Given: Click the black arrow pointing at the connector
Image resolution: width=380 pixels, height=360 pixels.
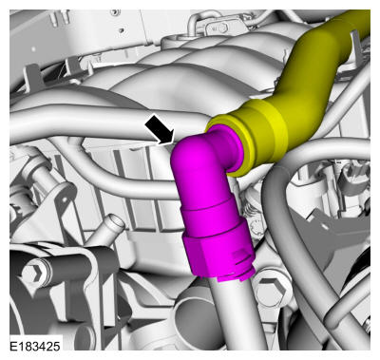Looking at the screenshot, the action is click(x=160, y=130).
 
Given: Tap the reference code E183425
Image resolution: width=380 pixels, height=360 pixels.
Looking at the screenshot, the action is click(x=35, y=346).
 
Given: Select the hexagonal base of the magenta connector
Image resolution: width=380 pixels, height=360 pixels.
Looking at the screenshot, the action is click(x=219, y=256).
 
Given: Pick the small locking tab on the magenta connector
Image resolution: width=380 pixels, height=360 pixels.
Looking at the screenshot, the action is click(x=240, y=258).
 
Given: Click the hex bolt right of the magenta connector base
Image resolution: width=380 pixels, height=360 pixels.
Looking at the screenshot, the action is click(x=273, y=290).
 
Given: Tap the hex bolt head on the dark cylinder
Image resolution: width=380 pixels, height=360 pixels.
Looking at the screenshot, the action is click(x=31, y=273).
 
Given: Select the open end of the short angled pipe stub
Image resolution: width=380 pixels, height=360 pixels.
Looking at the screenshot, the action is click(x=115, y=223).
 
